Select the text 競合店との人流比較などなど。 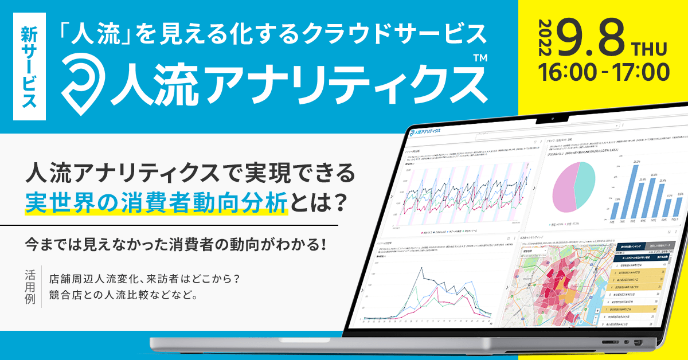coord(124,296)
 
